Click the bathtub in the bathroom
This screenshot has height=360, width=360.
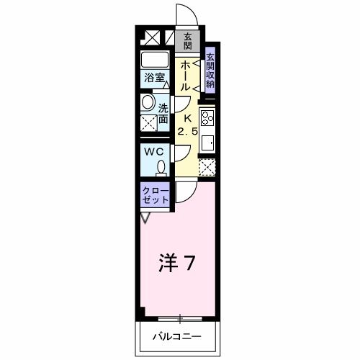coord(153,59)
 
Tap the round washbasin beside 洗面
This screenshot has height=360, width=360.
coord(148,103)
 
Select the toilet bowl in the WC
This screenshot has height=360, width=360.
coord(161,168)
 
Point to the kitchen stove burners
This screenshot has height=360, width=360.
coord(207,118)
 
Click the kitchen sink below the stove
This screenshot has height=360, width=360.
coord(207,143)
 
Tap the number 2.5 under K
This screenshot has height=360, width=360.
coord(187,131)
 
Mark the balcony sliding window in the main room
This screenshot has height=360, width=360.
coord(181,318)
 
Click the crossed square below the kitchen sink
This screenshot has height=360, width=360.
coord(207,168)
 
